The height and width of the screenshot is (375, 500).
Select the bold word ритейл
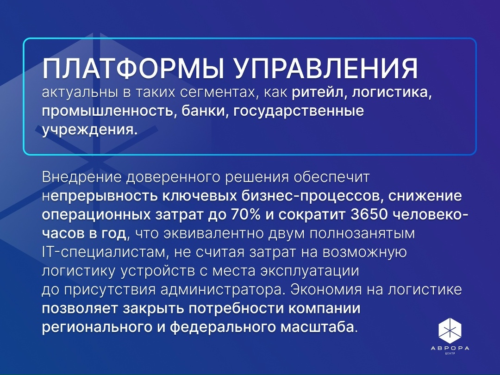[319, 94]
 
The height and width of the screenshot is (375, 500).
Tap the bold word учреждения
[90, 130]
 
